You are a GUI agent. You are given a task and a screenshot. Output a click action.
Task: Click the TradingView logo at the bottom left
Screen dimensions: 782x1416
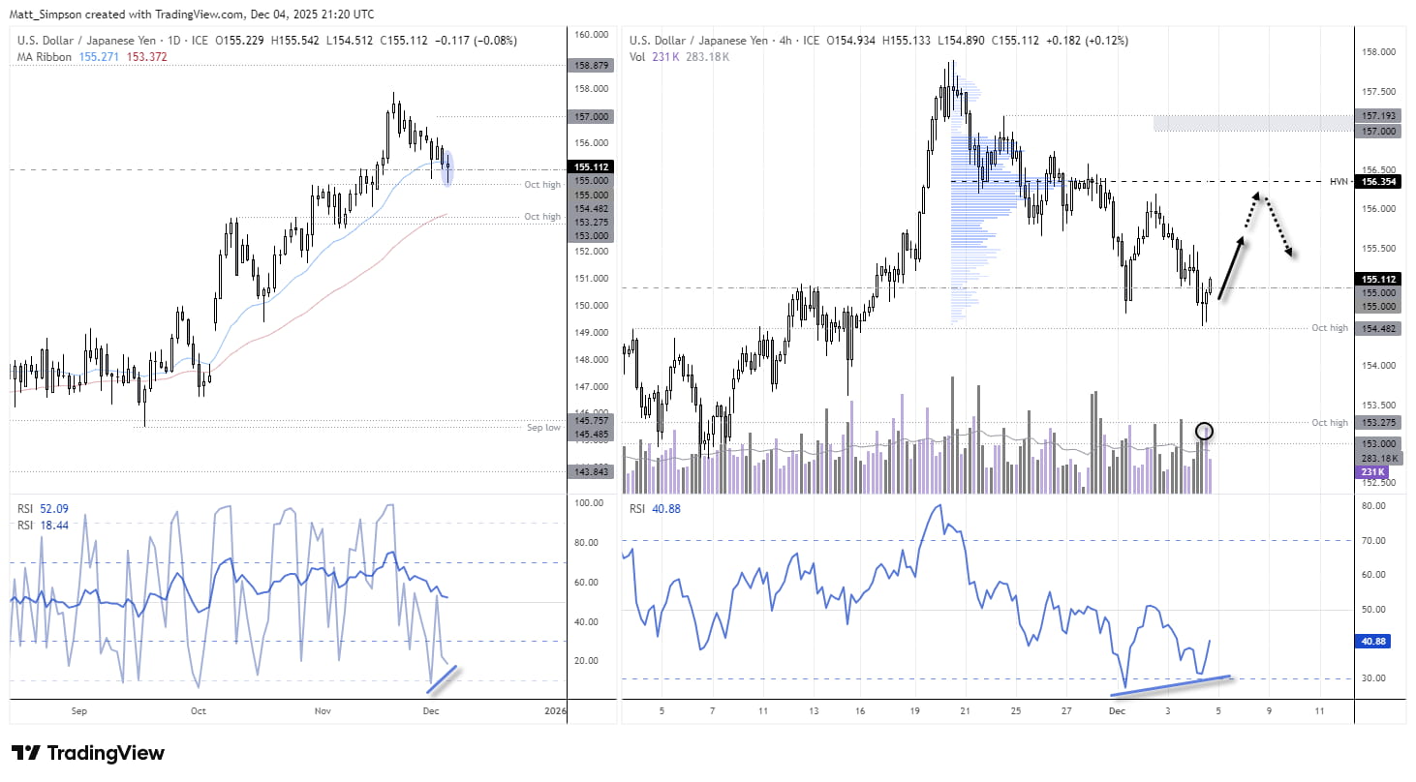tap(87, 753)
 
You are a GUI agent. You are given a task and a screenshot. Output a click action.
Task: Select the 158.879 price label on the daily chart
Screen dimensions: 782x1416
tap(591, 65)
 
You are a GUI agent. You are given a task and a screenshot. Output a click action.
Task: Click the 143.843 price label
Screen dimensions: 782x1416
tap(591, 471)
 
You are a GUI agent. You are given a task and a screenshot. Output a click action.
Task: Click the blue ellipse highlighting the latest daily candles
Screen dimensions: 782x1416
tap(446, 167)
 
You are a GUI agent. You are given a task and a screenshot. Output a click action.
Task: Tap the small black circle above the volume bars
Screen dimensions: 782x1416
tap(1204, 430)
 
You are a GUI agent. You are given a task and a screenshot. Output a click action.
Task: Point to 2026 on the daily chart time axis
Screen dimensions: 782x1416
tap(555, 711)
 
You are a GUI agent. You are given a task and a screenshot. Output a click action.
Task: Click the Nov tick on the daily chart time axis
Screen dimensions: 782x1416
tap(323, 711)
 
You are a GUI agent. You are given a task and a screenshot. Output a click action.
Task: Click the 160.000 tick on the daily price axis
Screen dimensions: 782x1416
tap(591, 34)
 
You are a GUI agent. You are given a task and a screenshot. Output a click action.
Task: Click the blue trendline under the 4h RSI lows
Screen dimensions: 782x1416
tap(1173, 684)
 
